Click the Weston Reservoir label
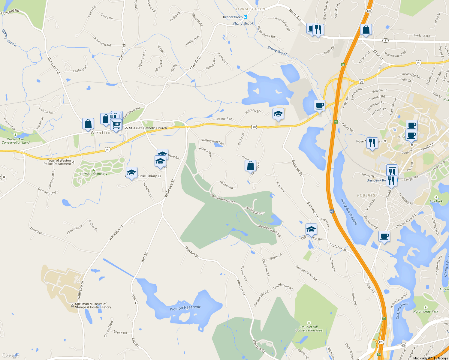tap(185, 308)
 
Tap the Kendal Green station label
tap(233, 17)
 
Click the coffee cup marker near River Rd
tap(384, 236)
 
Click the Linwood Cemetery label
tap(93, 174)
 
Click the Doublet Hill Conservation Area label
tap(309, 328)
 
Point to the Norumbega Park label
tap(426, 311)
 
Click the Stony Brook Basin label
tap(349, 211)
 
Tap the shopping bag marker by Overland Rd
tap(366, 29)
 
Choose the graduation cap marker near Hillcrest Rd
tap(278, 114)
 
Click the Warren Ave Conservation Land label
tap(16, 141)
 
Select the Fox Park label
tap(436, 201)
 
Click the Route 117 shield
tap(385, 40)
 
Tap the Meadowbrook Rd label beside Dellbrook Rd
tap(222, 199)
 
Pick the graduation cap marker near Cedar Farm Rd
tap(311, 229)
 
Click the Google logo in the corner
tap(11, 355)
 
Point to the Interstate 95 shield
tap(332, 211)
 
